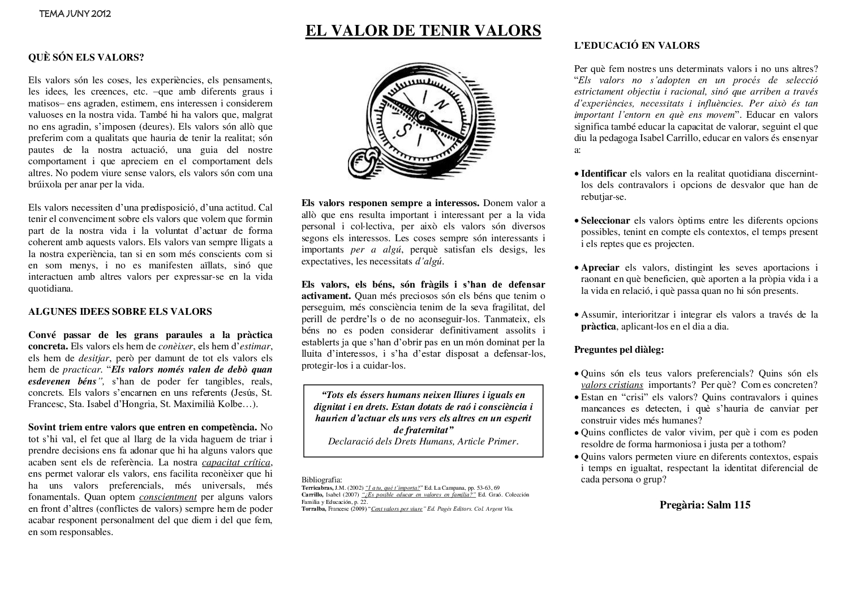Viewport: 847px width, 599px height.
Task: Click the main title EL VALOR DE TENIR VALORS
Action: click(423, 31)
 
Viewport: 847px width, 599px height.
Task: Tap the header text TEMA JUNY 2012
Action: click(75, 14)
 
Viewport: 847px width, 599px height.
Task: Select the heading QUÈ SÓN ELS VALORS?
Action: click(86, 57)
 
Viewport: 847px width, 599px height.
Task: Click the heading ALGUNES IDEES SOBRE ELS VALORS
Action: click(120, 311)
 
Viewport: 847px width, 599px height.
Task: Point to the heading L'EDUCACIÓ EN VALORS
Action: click(637, 46)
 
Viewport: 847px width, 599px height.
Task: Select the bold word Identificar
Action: click(604, 174)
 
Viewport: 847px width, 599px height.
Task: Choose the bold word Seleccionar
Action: click(605, 221)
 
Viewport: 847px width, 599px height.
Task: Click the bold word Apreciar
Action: click(600, 268)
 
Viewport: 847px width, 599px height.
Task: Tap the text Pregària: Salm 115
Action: click(704, 505)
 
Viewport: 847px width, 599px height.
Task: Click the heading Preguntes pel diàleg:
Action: click(619, 349)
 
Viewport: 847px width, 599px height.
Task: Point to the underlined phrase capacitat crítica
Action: click(237, 463)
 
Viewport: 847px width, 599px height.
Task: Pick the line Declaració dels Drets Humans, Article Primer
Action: click(423, 442)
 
